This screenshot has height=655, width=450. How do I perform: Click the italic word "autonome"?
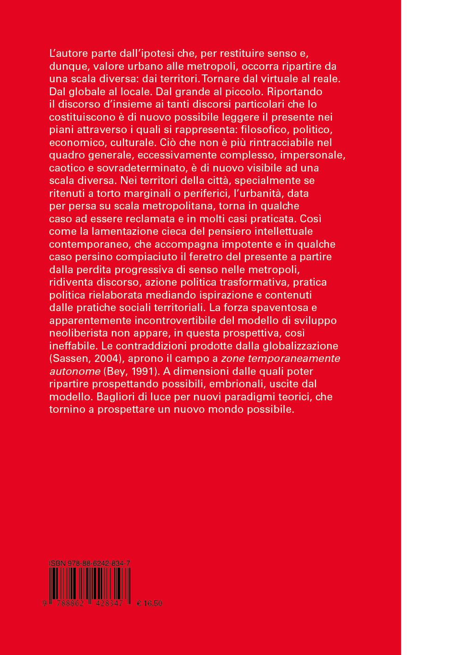click(x=75, y=371)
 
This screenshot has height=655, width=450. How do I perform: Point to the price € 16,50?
click(x=150, y=603)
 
